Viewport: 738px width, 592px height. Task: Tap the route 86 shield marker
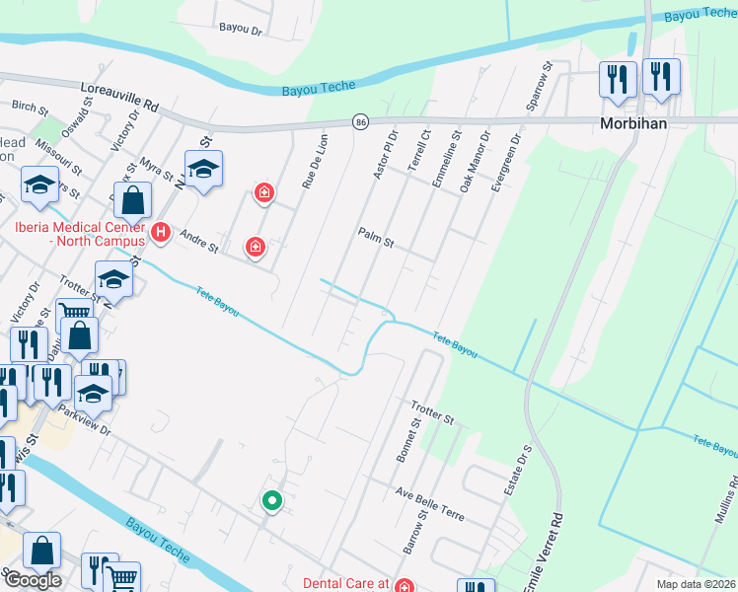361,120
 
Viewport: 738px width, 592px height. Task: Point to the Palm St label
376,236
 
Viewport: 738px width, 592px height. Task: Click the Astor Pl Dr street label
385,154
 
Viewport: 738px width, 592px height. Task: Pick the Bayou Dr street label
241,31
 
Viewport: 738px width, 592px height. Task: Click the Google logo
32,580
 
